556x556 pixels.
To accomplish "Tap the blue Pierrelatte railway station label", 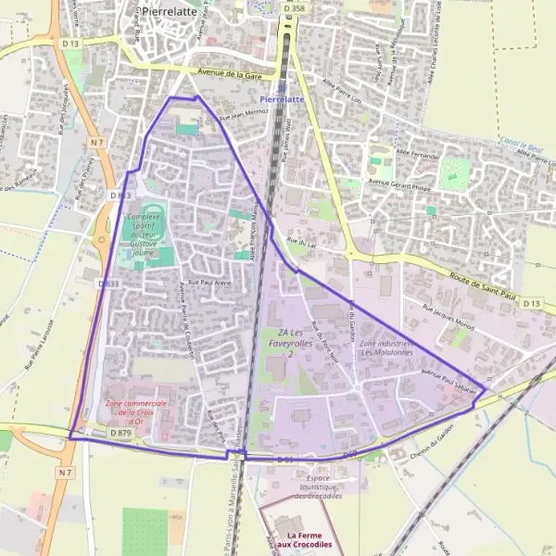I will (x=282, y=98).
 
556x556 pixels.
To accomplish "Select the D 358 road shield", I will (x=293, y=8).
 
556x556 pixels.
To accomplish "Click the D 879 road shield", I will (x=120, y=433).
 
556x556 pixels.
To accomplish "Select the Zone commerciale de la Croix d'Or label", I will (x=135, y=410).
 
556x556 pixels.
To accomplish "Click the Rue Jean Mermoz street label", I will (x=243, y=115).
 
